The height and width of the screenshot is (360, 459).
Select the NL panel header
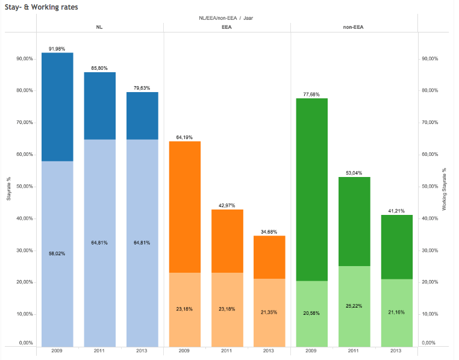click(99, 26)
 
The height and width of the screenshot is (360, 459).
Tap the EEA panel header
click(226, 26)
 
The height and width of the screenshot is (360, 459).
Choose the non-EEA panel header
click(354, 26)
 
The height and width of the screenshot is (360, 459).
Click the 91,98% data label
click(57, 49)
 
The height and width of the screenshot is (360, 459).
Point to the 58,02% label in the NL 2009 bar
click(57, 253)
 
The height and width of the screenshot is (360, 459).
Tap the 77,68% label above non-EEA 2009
click(311, 94)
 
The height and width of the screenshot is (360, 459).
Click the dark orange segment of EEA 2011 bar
click(226, 241)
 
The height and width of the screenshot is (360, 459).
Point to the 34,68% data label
click(269, 232)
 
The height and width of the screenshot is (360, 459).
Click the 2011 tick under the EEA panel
click(226, 350)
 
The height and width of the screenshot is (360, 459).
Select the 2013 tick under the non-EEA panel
click(396, 350)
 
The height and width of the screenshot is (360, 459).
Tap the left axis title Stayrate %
click(8, 187)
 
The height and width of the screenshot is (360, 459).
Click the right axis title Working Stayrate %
click(445, 187)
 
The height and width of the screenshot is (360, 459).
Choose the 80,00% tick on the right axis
click(431, 90)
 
